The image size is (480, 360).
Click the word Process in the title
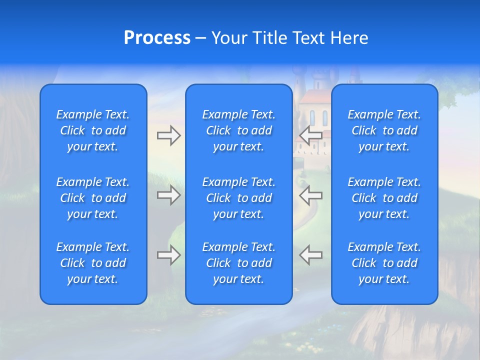(157, 38)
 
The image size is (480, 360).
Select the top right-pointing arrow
(168, 135)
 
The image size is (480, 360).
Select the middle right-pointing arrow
(168, 195)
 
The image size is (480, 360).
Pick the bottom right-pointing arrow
(168, 255)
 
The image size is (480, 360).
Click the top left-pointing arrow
(310, 135)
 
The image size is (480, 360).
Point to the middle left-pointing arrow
(310, 195)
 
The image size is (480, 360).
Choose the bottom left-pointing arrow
(310, 255)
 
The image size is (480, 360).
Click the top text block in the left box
(93, 130)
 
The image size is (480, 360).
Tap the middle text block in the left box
(93, 198)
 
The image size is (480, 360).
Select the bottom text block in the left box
(93, 263)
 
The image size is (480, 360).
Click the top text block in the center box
(239, 130)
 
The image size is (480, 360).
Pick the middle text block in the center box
(239, 198)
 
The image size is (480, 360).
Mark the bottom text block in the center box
(239, 263)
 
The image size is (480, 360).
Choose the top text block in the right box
(384, 130)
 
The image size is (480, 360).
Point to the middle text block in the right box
(384, 198)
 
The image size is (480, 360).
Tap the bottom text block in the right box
(384, 263)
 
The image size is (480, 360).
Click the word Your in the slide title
(228, 38)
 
